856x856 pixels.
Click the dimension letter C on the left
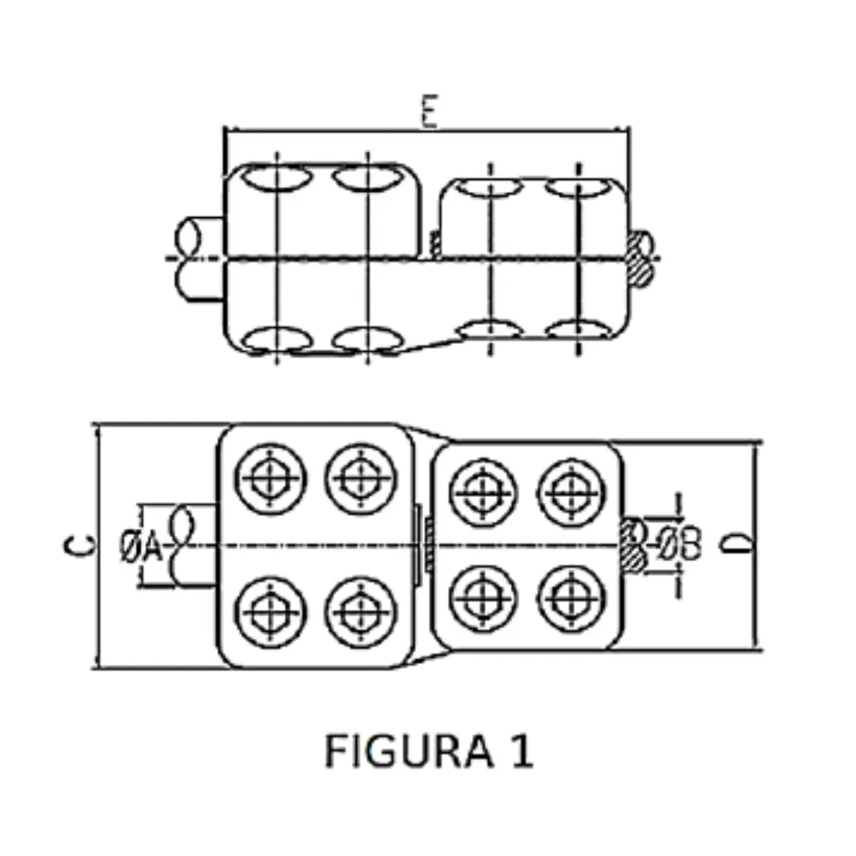point(80,545)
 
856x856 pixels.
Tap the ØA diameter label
point(140,547)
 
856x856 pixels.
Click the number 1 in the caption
point(520,751)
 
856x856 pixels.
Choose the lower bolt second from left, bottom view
point(361,613)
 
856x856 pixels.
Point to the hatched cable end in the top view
point(640,258)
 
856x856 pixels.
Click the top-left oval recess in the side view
point(274,179)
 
